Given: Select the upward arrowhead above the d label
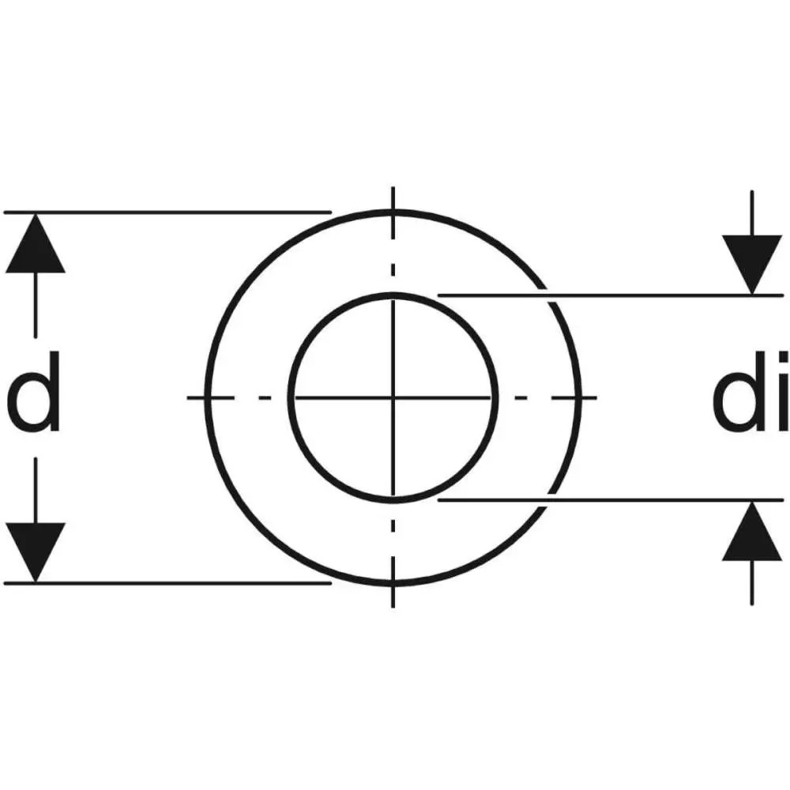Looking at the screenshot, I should click(36, 244).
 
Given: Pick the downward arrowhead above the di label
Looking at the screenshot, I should click(752, 265).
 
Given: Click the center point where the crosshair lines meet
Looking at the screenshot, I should click(393, 397).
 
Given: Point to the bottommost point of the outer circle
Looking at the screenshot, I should click(393, 584).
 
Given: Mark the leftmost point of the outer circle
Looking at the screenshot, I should click(207, 397).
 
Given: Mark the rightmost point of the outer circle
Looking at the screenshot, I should click(579, 397).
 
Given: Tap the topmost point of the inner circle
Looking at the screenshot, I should click(393, 295).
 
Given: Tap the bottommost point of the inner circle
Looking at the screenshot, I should click(393, 500).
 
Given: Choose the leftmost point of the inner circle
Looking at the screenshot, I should click(290, 397).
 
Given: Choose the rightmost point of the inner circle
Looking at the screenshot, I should click(497, 397).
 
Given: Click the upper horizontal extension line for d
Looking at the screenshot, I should click(166, 213).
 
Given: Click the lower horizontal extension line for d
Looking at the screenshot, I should click(166, 584).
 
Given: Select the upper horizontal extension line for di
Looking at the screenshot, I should click(648, 295).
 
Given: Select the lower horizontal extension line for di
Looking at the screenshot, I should click(648, 500).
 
